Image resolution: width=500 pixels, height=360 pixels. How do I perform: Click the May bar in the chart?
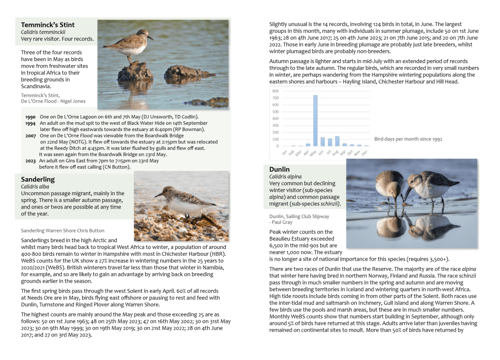[315, 120]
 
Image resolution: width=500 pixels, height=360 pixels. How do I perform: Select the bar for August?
[337, 141]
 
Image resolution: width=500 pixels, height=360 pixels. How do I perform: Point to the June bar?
[323, 141]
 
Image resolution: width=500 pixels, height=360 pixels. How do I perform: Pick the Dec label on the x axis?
[366, 152]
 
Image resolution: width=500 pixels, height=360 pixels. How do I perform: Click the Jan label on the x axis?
[285, 152]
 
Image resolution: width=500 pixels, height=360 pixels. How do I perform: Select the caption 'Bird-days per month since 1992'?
[408, 139]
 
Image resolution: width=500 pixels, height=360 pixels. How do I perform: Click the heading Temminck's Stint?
[48, 25]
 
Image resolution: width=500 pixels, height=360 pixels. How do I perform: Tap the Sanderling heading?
[38, 180]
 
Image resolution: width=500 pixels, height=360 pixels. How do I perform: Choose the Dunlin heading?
[279, 170]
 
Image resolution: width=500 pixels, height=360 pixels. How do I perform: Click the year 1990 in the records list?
[30, 117]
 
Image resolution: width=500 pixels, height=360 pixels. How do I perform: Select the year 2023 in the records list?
[30, 160]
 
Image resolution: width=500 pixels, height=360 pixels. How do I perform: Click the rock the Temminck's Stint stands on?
[135, 71]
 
